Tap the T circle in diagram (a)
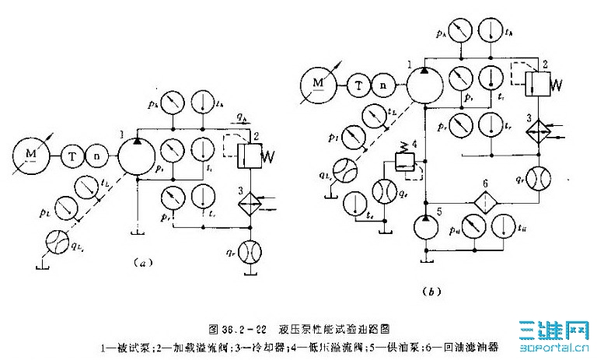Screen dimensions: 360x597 [x=72, y=156]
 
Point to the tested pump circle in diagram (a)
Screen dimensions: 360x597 [x=138, y=156]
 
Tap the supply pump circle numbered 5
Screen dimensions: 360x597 [x=426, y=228]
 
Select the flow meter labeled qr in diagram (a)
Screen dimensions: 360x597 [x=251, y=253]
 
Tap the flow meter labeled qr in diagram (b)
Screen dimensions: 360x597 [x=537, y=177]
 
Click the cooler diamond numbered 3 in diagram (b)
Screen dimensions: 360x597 [x=537, y=132]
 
